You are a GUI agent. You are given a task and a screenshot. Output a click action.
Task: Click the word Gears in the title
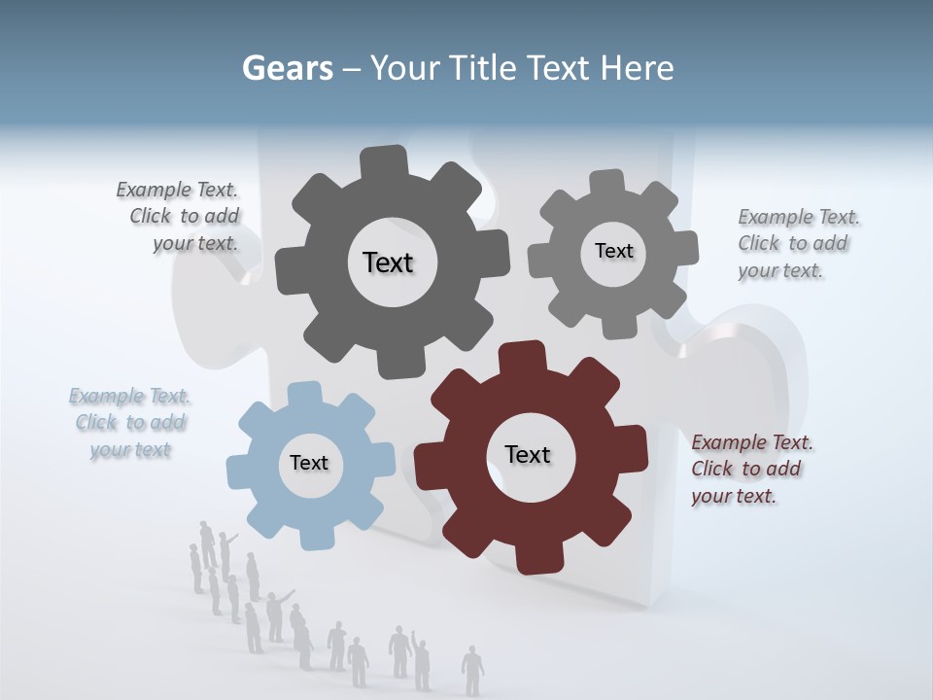pyautogui.click(x=288, y=68)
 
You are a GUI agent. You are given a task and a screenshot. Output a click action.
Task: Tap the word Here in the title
pyautogui.click(x=637, y=68)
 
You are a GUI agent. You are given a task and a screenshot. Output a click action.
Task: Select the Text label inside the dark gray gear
pyautogui.click(x=388, y=262)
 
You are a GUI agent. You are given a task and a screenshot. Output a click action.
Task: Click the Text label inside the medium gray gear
pyautogui.click(x=613, y=251)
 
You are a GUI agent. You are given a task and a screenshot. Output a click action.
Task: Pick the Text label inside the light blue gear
pyautogui.click(x=309, y=463)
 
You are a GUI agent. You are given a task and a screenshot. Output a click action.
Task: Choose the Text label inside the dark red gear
pyautogui.click(x=528, y=454)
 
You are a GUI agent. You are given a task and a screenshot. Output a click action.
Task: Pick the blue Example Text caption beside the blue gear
pyautogui.click(x=130, y=422)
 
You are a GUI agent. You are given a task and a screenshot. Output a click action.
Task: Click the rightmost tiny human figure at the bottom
pyautogui.click(x=472, y=669)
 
